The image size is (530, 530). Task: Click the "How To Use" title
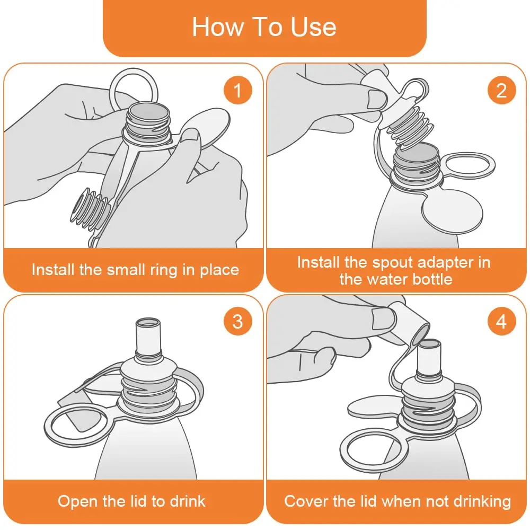point(264,26)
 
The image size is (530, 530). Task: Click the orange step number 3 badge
point(237,321)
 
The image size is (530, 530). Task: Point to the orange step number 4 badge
point(501,321)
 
